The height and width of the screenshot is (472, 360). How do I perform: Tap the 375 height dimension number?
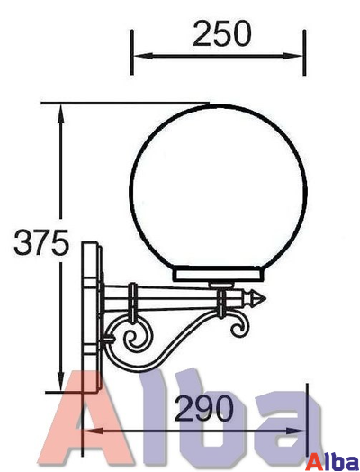[x=41, y=242]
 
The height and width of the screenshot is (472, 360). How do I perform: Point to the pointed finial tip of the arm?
[x=265, y=295]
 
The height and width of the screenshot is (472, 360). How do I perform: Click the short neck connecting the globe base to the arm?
[x=220, y=286]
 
